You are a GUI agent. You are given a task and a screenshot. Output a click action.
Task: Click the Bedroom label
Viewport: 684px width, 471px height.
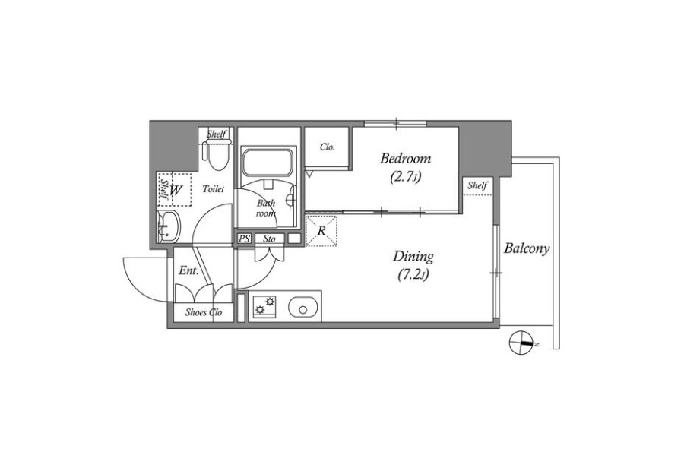tap(405, 158)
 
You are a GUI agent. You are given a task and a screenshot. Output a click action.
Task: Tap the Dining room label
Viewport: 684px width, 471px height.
tap(413, 256)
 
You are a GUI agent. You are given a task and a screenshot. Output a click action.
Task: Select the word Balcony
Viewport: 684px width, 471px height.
tap(527, 248)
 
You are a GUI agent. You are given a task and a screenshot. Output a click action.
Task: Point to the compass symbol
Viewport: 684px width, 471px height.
tap(522, 343)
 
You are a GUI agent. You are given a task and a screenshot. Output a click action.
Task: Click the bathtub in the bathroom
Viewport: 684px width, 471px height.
tap(267, 163)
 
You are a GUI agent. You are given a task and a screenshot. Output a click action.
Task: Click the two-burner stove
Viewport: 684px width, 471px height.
tap(264, 305)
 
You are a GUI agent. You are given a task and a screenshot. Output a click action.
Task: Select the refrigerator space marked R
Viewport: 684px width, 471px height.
tap(321, 231)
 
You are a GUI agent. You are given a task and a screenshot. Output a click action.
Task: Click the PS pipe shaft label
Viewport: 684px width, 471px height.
tap(244, 239)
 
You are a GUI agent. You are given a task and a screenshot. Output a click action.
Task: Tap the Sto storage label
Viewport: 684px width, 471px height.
tap(269, 239)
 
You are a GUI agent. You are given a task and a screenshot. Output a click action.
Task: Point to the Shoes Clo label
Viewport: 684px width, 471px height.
tap(203, 312)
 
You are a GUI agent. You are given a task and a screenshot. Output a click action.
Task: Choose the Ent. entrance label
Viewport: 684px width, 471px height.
tap(189, 270)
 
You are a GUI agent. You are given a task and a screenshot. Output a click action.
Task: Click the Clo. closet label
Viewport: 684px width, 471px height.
tap(327, 147)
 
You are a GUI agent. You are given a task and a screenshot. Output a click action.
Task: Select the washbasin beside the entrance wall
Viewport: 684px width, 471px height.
tap(167, 226)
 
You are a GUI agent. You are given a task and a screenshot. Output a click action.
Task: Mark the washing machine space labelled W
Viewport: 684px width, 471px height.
tap(176, 190)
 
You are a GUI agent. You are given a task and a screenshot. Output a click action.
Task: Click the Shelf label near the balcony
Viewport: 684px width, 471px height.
tap(477, 185)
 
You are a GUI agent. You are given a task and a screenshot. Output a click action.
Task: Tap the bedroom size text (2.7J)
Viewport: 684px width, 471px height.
tap(406, 177)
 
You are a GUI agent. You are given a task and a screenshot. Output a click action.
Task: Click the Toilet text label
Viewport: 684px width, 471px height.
tap(214, 189)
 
